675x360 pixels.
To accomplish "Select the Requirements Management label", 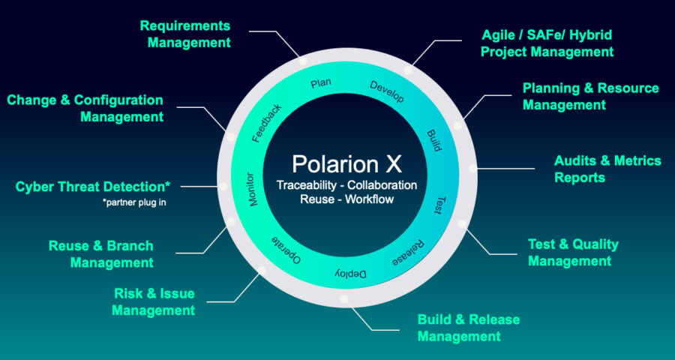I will click(185, 34).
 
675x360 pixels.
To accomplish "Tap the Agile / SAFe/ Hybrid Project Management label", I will click(547, 43).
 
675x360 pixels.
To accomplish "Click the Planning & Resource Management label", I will click(590, 96).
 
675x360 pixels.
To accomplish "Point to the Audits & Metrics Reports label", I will click(607, 169).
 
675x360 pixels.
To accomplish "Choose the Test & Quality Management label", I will click(573, 253).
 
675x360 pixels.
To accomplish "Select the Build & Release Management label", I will click(468, 328).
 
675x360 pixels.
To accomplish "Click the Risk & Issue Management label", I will click(154, 301).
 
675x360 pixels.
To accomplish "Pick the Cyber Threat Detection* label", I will click(94, 186).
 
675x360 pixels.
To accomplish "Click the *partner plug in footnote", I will click(134, 202).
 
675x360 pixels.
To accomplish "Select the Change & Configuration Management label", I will click(85, 108).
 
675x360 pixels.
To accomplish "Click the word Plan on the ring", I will click(321, 83).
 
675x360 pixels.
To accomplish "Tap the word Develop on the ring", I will click(387, 91).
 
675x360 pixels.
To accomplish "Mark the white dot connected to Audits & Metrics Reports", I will click(472, 169).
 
